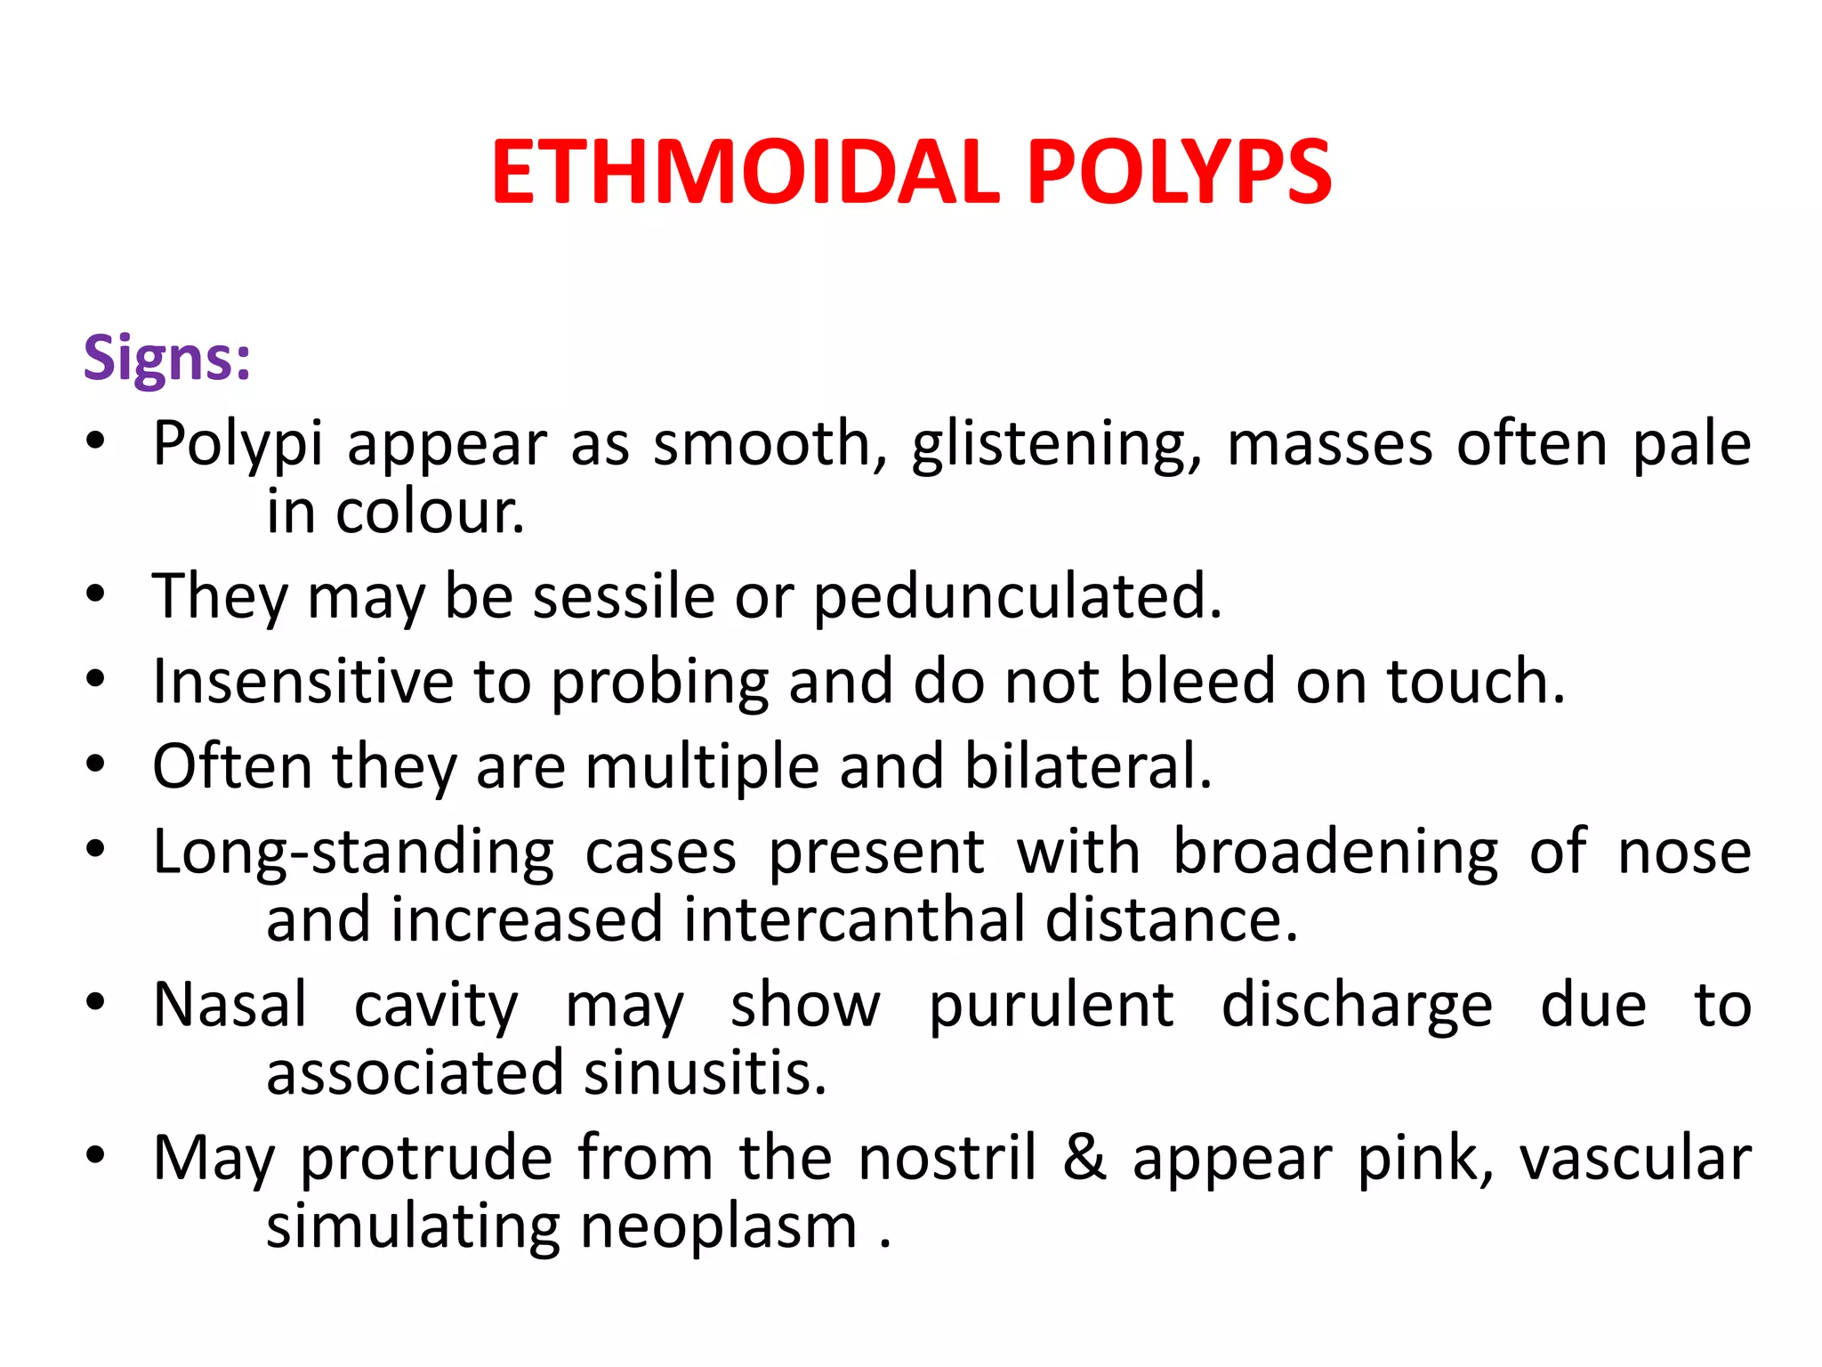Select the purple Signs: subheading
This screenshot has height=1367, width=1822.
167,358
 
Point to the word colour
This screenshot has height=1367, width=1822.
430,513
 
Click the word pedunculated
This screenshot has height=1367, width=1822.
1018,596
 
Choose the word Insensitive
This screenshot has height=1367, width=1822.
302,682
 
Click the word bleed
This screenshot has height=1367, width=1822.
1197,682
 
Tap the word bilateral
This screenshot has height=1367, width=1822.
1088,766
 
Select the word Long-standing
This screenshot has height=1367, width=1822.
353,853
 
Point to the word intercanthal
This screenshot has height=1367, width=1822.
853,919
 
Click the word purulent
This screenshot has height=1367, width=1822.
1051,1006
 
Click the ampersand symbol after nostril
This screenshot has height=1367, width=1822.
1084,1157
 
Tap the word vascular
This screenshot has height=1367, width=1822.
1635,1159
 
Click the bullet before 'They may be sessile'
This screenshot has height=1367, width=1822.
96,594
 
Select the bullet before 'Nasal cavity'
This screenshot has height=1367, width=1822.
96,1003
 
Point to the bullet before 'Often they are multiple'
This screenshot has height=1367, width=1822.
96,764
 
